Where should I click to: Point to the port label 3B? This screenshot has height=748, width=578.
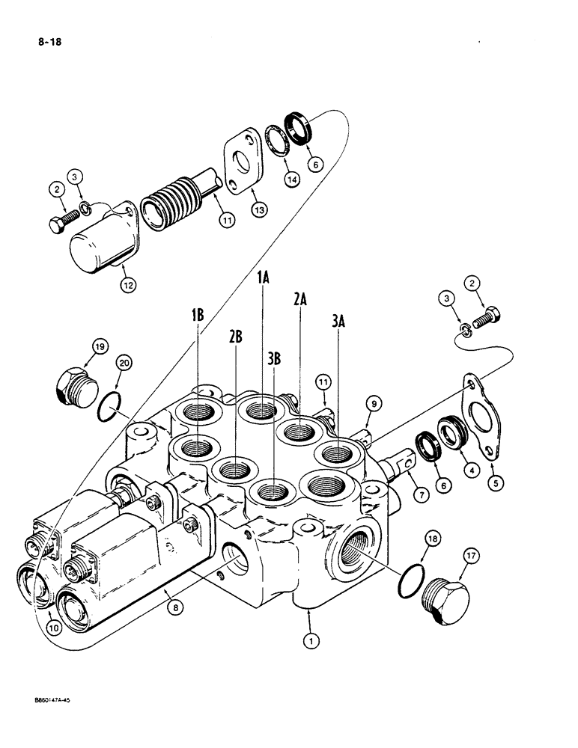(x=274, y=358)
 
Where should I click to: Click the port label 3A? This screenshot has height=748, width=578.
(x=338, y=321)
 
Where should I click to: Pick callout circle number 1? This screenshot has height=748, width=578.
(x=309, y=640)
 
